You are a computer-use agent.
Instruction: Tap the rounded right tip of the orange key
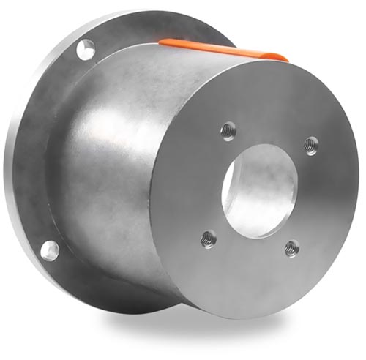click(282, 56)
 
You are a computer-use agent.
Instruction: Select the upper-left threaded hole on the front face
click(228, 130)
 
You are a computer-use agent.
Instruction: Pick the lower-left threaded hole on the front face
click(209, 237)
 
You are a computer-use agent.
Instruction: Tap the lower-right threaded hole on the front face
click(291, 248)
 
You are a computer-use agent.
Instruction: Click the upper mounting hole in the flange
click(85, 49)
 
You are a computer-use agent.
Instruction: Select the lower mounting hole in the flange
click(49, 250)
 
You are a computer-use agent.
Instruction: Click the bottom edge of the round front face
click(242, 316)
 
